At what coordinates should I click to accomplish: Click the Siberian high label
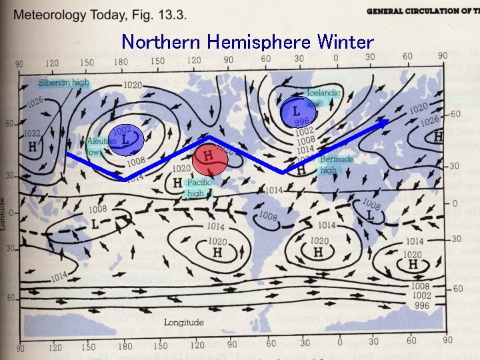[63, 83]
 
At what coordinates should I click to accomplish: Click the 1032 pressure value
[32, 133]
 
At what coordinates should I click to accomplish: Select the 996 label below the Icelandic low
[302, 122]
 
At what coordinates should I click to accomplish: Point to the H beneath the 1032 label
[31, 147]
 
